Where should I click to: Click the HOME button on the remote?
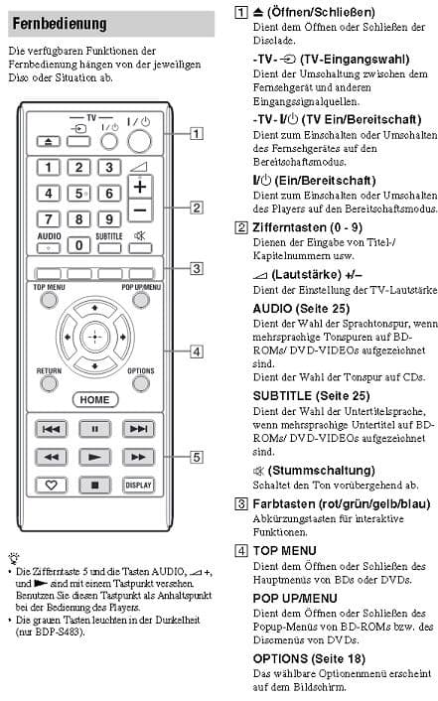click(x=95, y=400)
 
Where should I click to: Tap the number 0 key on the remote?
click(x=78, y=245)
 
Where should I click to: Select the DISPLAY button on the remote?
click(x=139, y=486)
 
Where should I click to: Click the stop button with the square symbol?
click(x=94, y=486)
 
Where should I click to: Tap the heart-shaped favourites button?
click(x=51, y=486)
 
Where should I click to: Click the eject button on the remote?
click(x=49, y=142)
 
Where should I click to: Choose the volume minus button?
click(x=140, y=210)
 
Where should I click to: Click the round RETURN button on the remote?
click(x=49, y=383)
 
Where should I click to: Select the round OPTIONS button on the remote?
click(x=141, y=383)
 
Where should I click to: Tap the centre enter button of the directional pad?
click(x=94, y=337)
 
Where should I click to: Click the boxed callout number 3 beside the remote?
click(x=197, y=269)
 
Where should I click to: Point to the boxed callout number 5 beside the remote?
click(x=197, y=458)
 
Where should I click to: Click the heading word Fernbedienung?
click(x=60, y=24)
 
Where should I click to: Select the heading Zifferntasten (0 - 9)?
click(x=307, y=227)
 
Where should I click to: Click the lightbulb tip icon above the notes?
click(x=14, y=557)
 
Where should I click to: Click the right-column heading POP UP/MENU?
click(x=295, y=598)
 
